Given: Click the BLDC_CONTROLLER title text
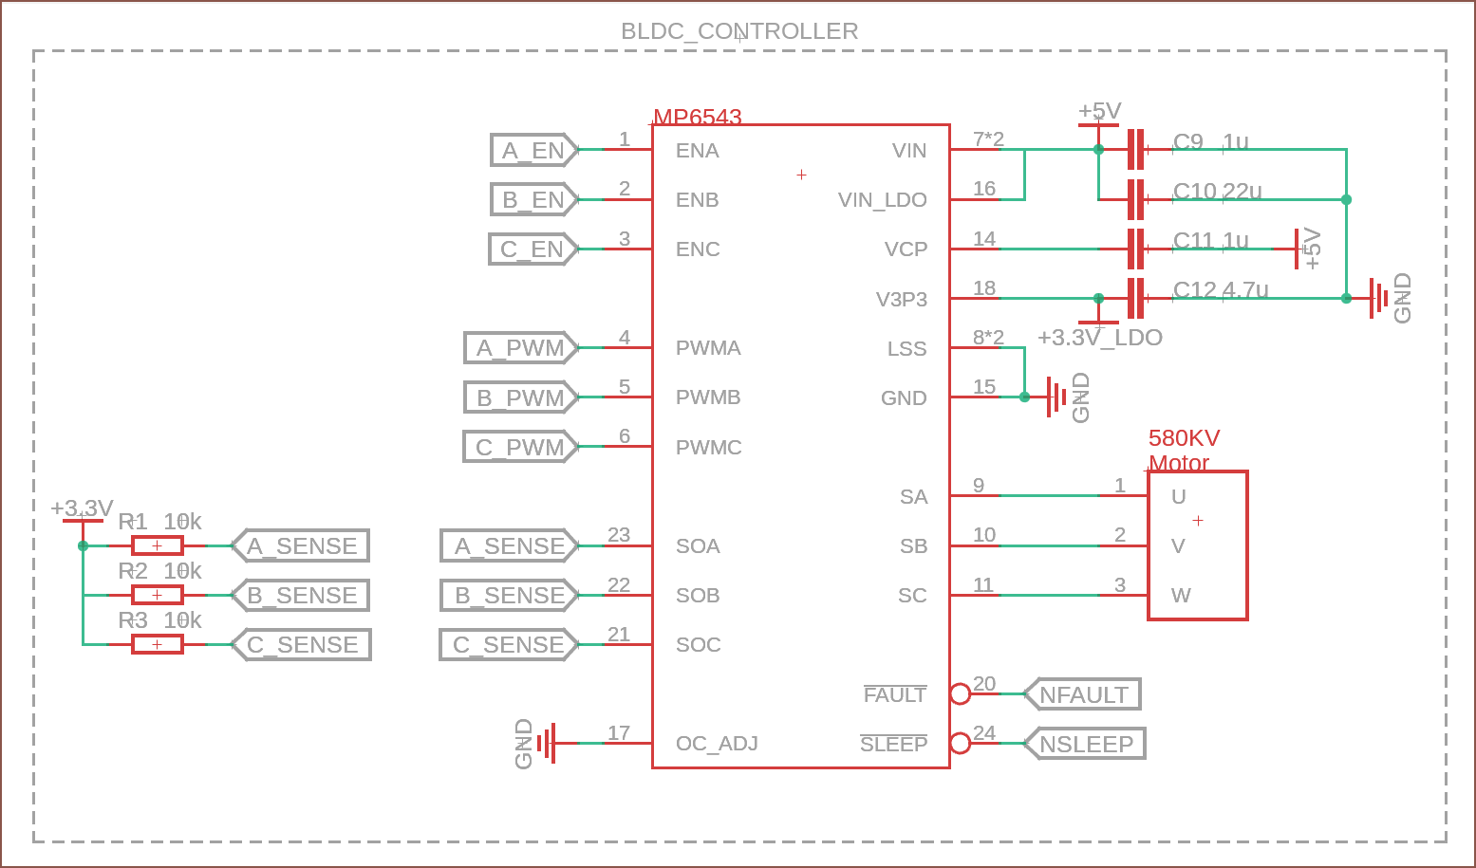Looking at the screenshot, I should tap(739, 31).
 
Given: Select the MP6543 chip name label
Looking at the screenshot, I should tap(698, 117).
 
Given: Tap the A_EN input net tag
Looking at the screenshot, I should tap(533, 150).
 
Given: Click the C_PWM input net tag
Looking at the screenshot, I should tap(520, 447).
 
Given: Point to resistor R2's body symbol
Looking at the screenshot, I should tap(157, 595).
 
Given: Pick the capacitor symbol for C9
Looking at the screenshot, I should tap(1135, 149).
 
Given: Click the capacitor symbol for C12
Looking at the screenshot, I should tap(1135, 298).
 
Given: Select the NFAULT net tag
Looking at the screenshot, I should tap(1083, 694).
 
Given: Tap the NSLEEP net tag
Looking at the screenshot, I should tap(1086, 744).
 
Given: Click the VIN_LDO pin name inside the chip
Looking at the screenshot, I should tap(882, 200).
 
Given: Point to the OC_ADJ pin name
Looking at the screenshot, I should tap(717, 744).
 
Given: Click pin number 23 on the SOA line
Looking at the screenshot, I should tap(619, 535).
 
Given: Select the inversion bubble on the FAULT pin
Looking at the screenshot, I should tap(960, 693).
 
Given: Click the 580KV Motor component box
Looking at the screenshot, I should tap(1198, 545).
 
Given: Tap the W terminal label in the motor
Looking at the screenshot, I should tap(1181, 596).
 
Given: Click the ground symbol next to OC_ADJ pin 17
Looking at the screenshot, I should tap(546, 743).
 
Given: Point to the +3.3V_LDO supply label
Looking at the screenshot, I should tap(1100, 338).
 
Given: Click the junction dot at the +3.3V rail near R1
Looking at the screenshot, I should tap(84, 545).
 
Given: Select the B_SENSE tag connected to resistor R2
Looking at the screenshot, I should tap(301, 596).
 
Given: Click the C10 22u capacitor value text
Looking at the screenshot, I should tap(1218, 191).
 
